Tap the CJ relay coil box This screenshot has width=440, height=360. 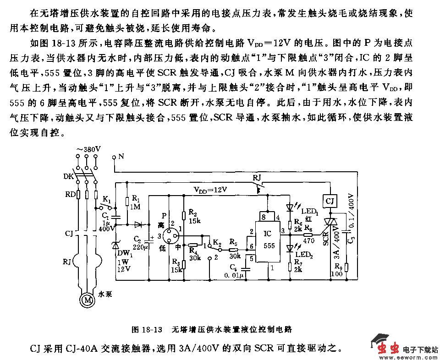pos(330,200)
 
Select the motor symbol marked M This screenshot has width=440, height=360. pos(87,300)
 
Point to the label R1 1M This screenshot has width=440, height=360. pos(136,202)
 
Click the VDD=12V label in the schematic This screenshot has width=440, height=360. pos(210,189)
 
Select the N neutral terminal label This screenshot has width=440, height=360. pos(121,157)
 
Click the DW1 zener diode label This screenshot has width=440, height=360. pos(124,254)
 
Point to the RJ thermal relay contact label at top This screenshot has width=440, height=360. pos(258,177)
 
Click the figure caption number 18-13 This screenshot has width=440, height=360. pos(152,329)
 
